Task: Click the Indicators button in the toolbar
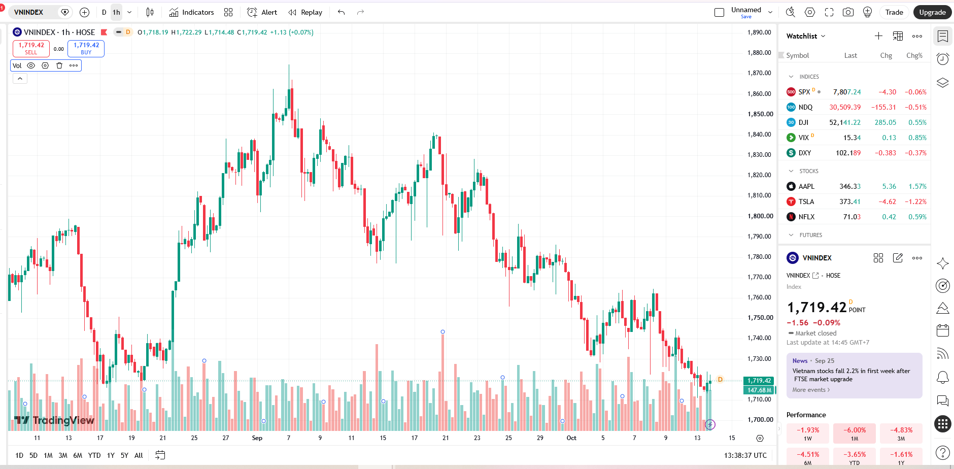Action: point(191,12)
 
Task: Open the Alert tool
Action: point(262,12)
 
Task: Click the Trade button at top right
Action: point(894,12)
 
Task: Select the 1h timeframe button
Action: point(117,12)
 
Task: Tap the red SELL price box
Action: point(31,48)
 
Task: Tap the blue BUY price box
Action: point(86,48)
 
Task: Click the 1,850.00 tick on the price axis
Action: point(759,114)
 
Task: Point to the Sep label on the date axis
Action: point(257,438)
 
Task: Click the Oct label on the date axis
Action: point(571,438)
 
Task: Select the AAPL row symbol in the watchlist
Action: point(806,186)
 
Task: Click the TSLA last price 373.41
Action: point(850,202)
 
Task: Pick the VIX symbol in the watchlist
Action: point(804,138)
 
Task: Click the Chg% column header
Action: point(914,55)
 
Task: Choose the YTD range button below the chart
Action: point(94,455)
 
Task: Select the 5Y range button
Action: point(124,455)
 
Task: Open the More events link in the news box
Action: point(811,390)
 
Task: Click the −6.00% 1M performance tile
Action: point(855,433)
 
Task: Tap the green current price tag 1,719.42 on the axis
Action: point(759,380)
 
